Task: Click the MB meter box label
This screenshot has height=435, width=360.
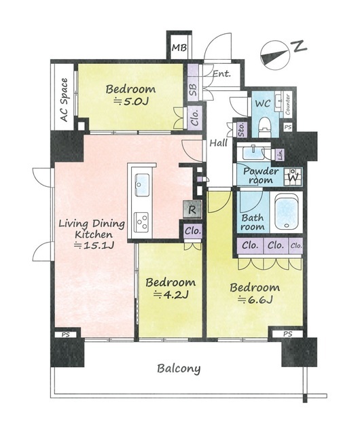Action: point(179,48)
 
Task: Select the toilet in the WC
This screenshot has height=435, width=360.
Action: point(264,127)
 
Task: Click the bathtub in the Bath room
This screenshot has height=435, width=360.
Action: point(287,211)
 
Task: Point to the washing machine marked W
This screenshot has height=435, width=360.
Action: point(293,177)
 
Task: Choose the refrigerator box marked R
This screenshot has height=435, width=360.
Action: point(192,209)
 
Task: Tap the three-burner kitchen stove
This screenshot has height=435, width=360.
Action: point(141,222)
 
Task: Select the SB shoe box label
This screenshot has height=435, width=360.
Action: point(194,90)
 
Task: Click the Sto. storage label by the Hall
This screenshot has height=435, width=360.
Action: point(242,129)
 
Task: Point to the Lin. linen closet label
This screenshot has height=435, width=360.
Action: point(280,154)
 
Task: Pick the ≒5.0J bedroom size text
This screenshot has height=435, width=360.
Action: point(131,102)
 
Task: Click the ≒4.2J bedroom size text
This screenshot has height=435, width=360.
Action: point(171,294)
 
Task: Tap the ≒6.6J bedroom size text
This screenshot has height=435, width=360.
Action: point(255,299)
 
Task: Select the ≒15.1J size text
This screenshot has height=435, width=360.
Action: point(94,245)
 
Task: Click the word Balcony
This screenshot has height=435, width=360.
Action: point(179,368)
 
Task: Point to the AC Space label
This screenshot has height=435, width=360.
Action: point(64,100)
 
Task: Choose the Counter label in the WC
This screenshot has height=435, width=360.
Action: point(288,105)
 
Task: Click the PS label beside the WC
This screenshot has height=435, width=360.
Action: point(288,127)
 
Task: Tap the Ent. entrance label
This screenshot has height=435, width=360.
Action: point(221,74)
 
